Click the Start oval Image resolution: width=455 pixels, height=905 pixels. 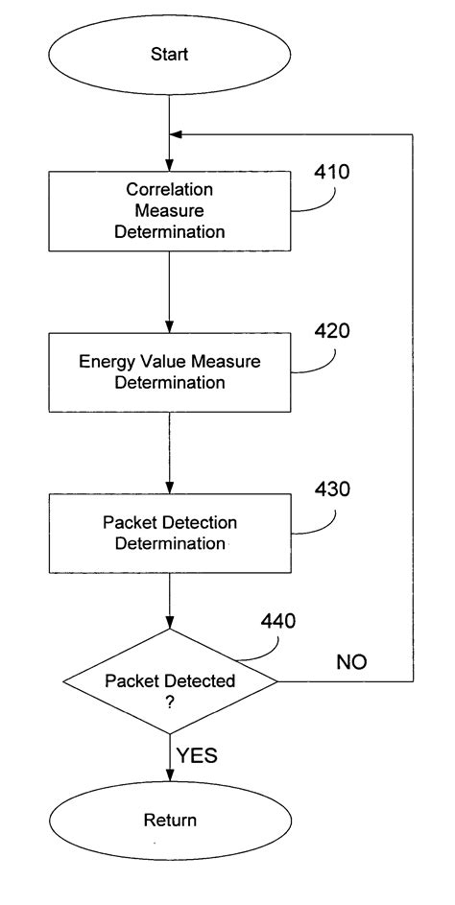(169, 55)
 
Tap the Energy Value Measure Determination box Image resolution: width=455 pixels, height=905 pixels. (170, 371)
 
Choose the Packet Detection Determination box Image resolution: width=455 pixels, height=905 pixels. (170, 533)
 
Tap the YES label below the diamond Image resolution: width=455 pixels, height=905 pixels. (197, 755)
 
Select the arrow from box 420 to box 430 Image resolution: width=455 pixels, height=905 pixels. (170, 451)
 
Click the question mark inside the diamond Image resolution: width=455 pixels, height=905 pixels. (170, 702)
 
